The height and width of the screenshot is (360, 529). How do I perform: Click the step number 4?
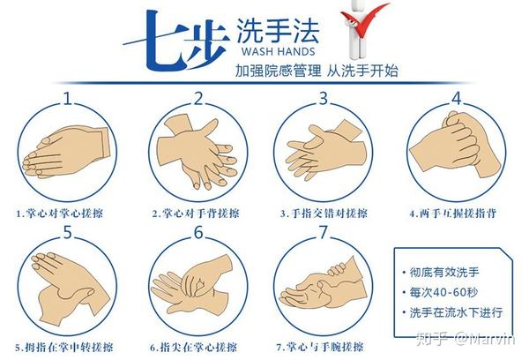457,97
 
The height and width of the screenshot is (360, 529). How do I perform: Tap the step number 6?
198,233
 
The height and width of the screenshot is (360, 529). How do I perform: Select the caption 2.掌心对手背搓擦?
193,213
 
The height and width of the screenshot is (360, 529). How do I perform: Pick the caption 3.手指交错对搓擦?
324,213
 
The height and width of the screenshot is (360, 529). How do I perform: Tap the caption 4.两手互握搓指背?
450,213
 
